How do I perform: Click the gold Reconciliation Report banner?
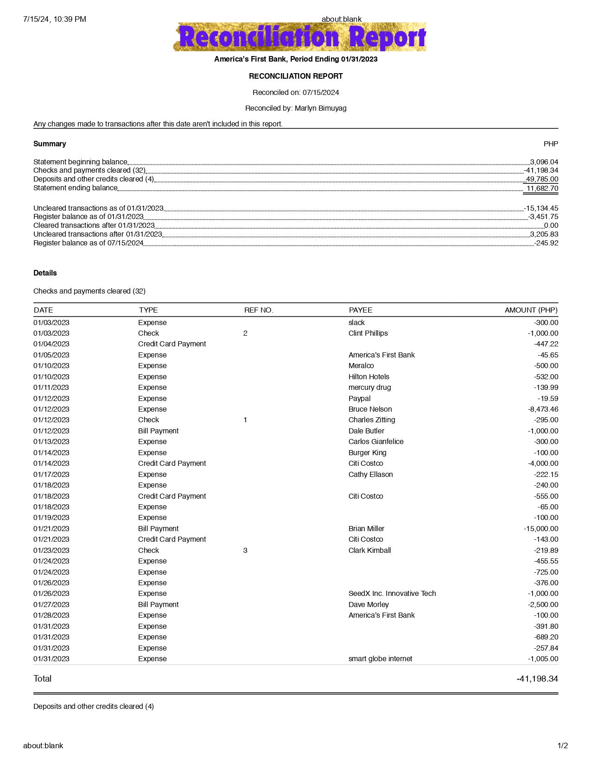(x=299, y=37)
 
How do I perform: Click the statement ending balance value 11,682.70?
(x=542, y=188)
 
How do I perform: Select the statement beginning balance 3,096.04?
(x=544, y=162)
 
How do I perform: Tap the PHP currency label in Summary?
(x=551, y=144)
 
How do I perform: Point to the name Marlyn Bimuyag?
(x=320, y=108)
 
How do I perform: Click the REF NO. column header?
(x=259, y=310)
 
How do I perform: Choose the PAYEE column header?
(x=361, y=310)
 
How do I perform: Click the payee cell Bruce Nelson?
(x=370, y=409)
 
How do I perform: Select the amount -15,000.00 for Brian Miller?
(x=541, y=529)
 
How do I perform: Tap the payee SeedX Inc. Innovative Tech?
(x=392, y=594)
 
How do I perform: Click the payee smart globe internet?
(x=380, y=659)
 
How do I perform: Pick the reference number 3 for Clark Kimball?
(x=245, y=551)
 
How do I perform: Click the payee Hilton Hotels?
(x=369, y=377)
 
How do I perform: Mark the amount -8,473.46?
(x=543, y=409)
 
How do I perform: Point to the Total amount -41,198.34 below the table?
(x=537, y=679)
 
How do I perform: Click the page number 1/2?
(x=562, y=746)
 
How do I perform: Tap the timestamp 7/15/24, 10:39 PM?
(x=55, y=19)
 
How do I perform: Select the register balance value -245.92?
(x=546, y=243)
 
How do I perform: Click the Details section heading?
(x=45, y=273)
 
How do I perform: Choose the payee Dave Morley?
(x=369, y=605)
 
